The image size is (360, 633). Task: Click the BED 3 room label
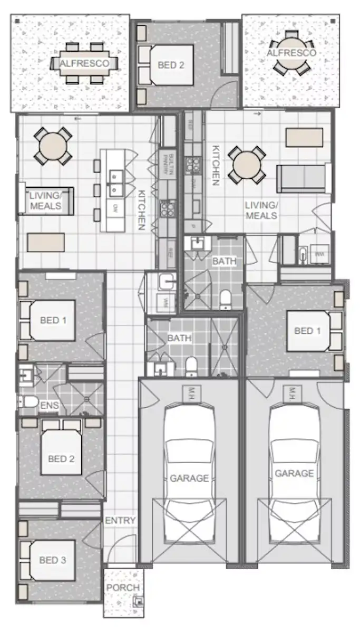tap(53, 560)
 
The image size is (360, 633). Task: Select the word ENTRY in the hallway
tap(120, 520)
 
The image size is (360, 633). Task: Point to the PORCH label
tap(123, 588)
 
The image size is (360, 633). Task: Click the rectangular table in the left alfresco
tap(84, 64)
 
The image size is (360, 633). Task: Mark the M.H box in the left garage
tap(189, 392)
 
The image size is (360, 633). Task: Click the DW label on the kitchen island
tap(114, 208)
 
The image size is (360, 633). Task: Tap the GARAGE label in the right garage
tap(294, 473)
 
